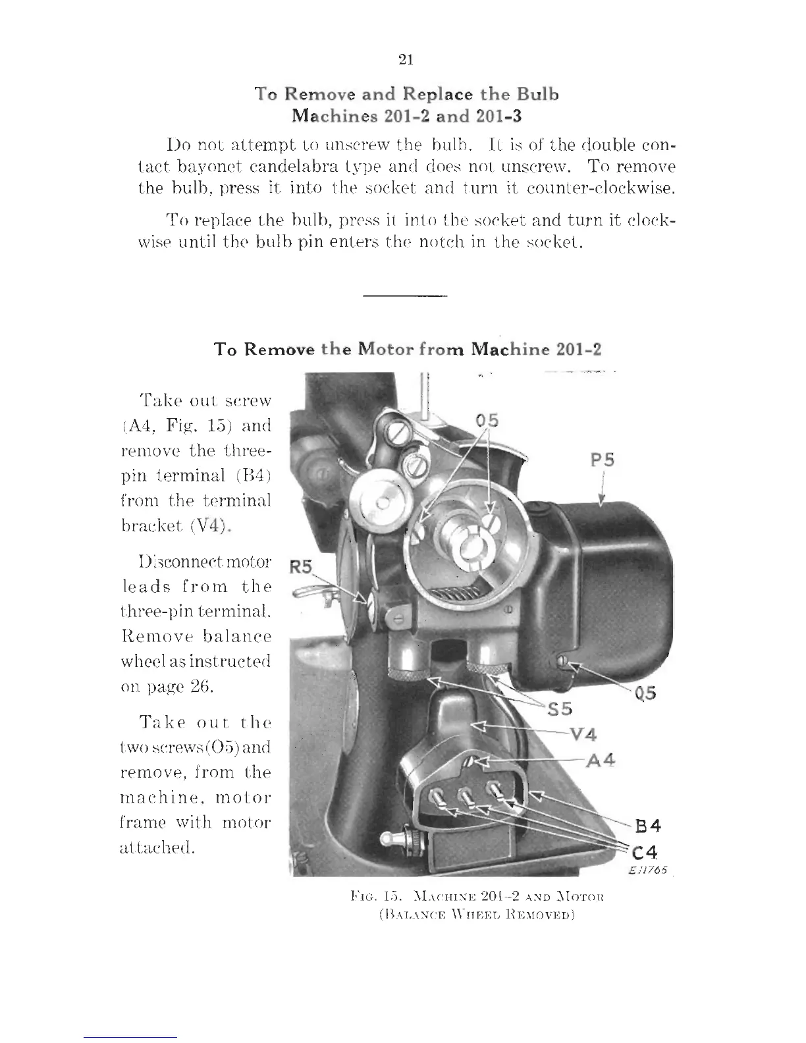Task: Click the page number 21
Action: (x=406, y=60)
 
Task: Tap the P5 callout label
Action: (x=602, y=460)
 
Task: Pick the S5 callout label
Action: (x=560, y=709)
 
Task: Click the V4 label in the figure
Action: (x=583, y=734)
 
